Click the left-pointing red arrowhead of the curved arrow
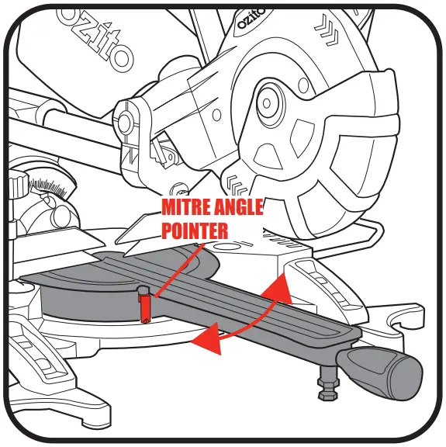point(204,338)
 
